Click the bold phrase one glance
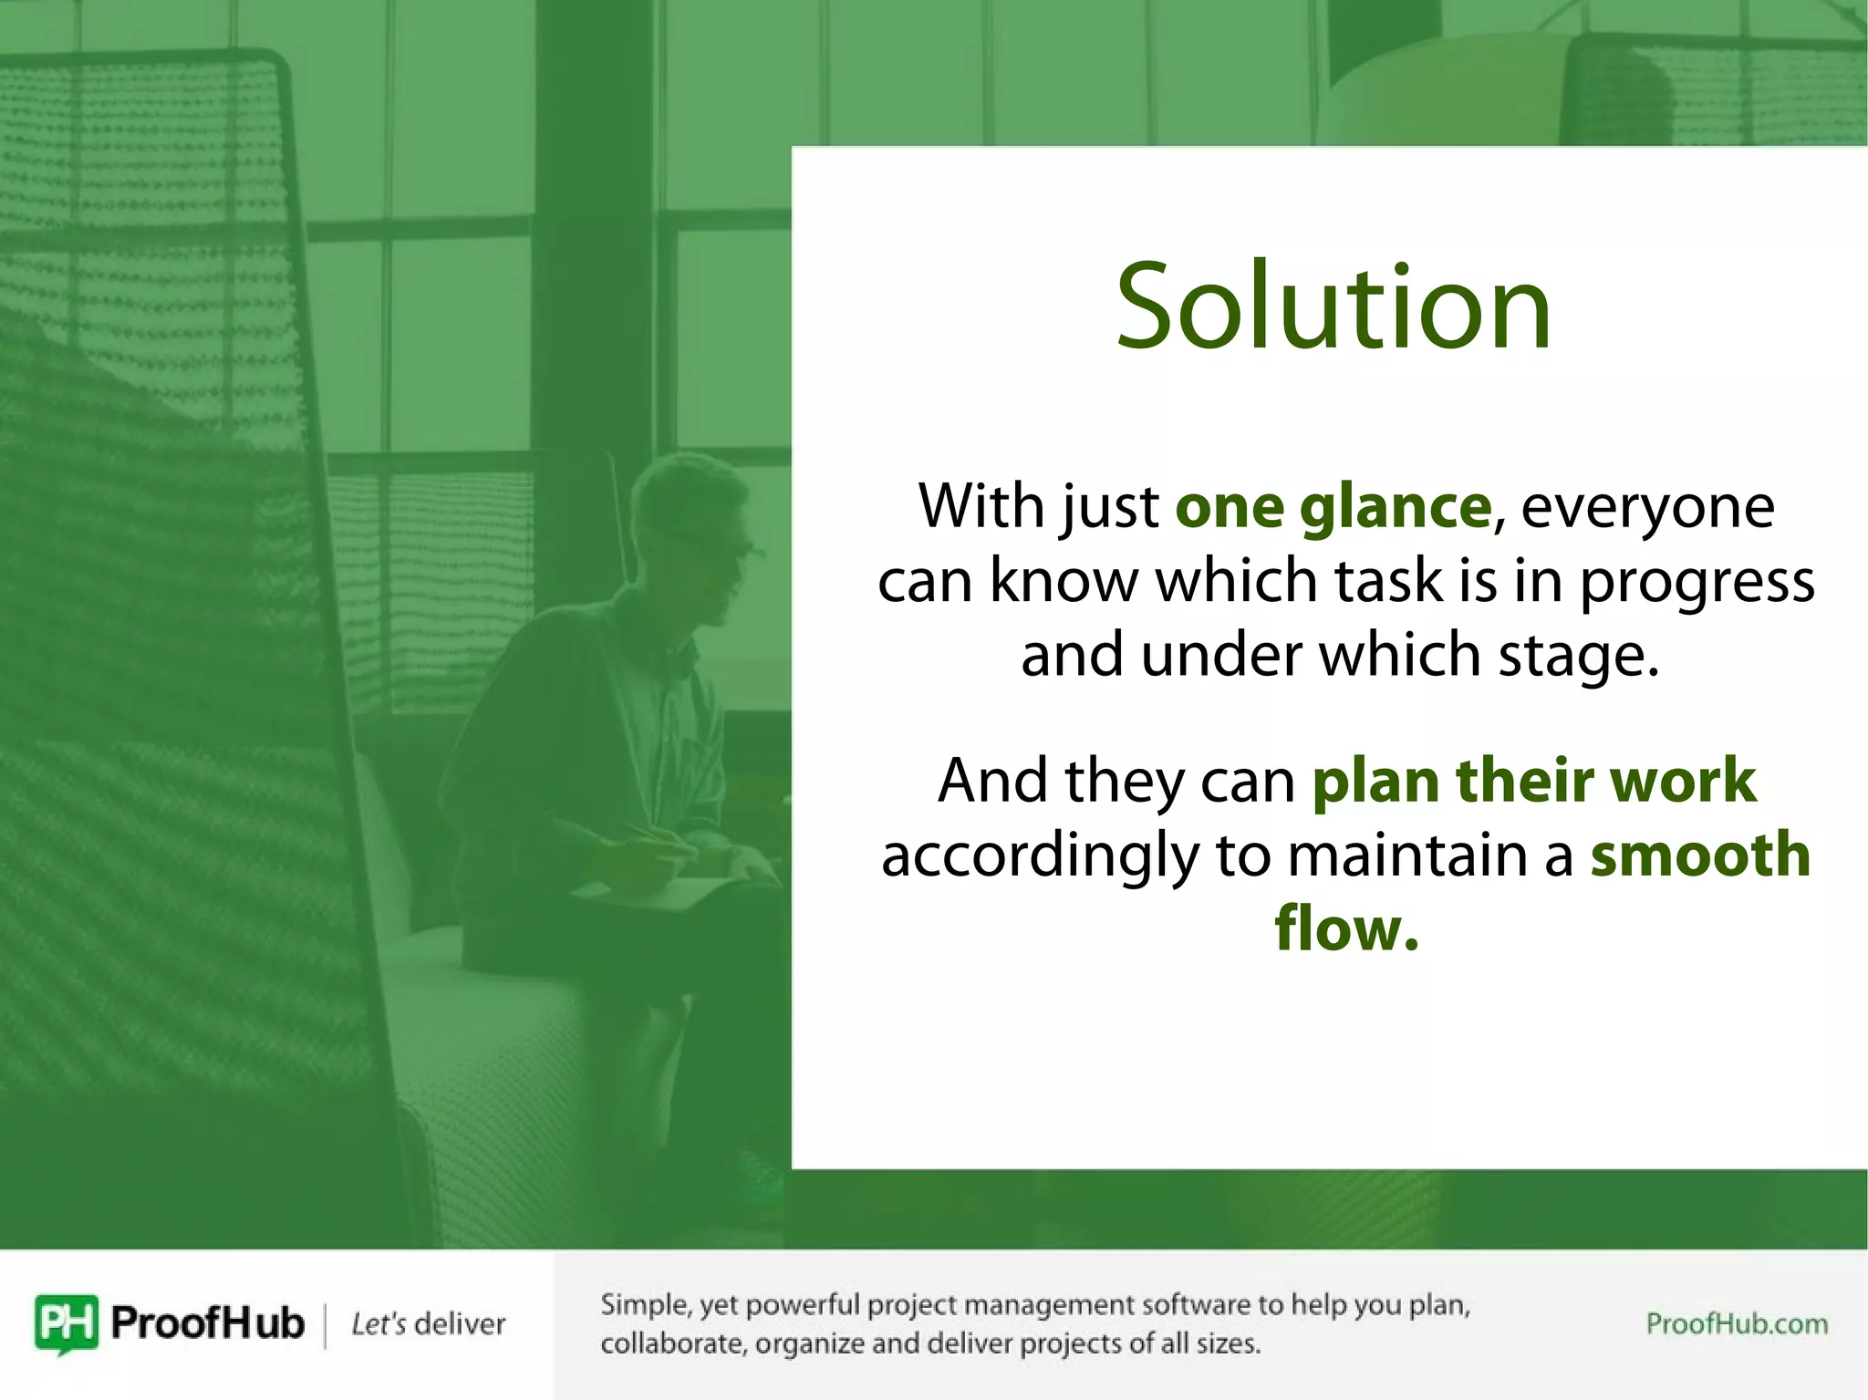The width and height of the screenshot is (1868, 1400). [x=1333, y=507]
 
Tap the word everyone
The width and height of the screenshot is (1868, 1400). [x=1647, y=507]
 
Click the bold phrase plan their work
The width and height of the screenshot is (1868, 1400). [x=1533, y=781]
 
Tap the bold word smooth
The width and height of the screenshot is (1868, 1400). [x=1700, y=856]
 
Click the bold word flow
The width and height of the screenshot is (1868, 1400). [x=1346, y=928]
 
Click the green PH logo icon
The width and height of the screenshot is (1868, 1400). [x=66, y=1323]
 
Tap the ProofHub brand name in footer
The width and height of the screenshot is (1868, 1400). [x=207, y=1323]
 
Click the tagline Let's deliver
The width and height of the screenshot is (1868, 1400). [x=428, y=1324]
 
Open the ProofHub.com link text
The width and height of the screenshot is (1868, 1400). [x=1737, y=1323]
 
